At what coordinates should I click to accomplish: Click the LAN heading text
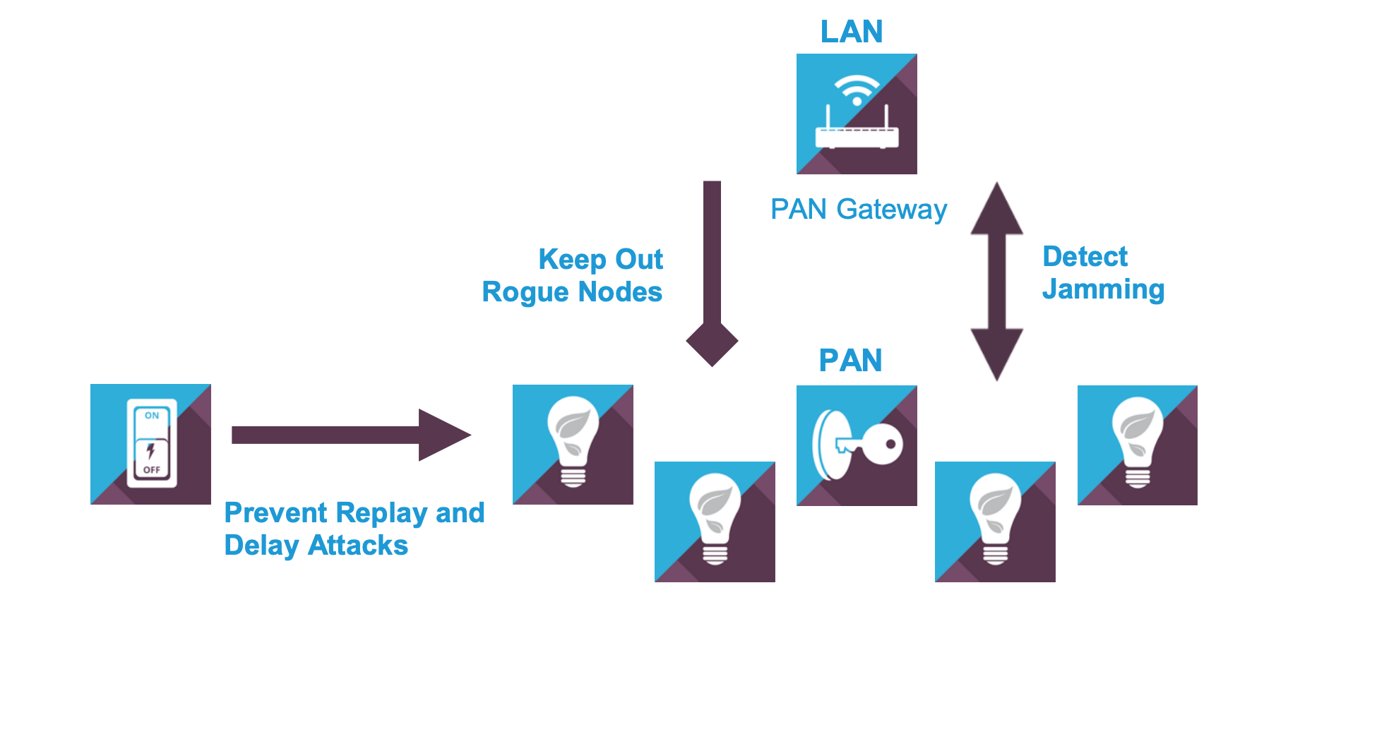point(851,32)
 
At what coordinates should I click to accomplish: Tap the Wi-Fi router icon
point(857,114)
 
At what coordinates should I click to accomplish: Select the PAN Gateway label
point(858,210)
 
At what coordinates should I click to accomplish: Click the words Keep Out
point(600,260)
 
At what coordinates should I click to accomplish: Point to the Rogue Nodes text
point(572,292)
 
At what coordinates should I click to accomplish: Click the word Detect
point(1085,257)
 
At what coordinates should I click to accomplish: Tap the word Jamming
point(1103,289)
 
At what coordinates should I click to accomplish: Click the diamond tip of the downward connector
point(712,343)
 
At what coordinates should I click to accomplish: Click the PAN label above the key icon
point(850,361)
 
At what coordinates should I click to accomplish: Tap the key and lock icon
point(857,445)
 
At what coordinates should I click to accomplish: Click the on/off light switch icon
point(150,444)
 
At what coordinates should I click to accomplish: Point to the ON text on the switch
point(152,416)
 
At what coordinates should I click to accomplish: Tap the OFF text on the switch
point(152,470)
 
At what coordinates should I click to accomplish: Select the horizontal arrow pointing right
point(350,435)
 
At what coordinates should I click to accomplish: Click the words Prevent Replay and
point(354,513)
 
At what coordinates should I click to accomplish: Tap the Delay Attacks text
point(316,546)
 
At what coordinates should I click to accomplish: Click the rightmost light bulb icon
point(1137,445)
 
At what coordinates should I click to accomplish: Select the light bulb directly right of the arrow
point(573,445)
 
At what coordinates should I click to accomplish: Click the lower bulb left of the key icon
point(715,522)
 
